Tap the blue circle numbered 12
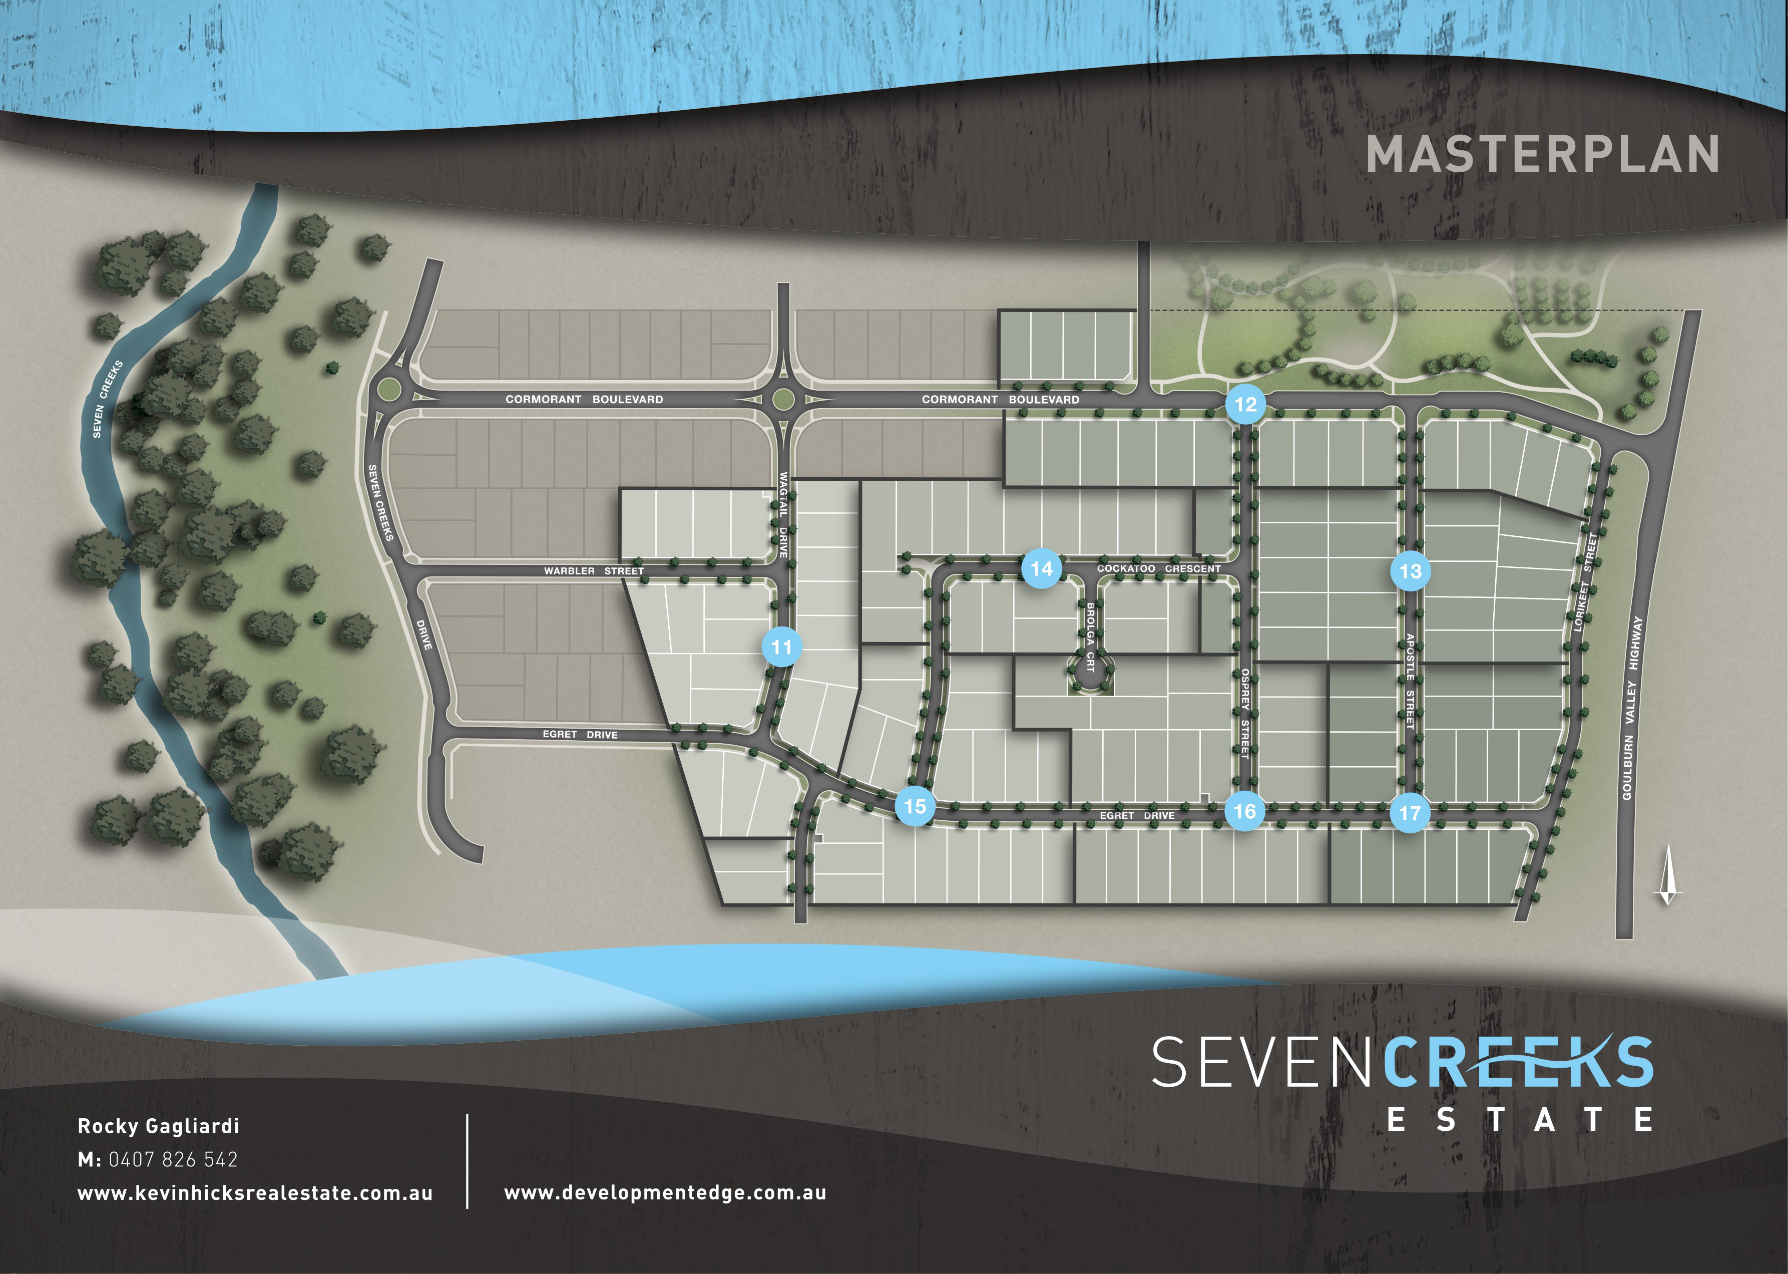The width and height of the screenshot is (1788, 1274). tap(1245, 405)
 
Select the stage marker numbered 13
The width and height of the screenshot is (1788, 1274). tap(1410, 571)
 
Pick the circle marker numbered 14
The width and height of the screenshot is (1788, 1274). tap(1042, 568)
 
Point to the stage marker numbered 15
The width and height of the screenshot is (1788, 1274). tap(915, 806)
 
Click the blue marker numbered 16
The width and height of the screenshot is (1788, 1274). tap(1244, 811)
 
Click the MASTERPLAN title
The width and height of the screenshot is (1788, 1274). tap(1542, 155)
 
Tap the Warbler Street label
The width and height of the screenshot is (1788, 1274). tap(593, 571)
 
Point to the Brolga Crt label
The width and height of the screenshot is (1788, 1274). tap(1090, 636)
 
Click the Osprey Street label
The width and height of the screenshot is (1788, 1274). tap(1244, 712)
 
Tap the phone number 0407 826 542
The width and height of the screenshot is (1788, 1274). tap(173, 1159)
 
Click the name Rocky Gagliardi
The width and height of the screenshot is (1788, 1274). tap(158, 1126)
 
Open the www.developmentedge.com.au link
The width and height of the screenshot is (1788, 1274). tap(665, 1193)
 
